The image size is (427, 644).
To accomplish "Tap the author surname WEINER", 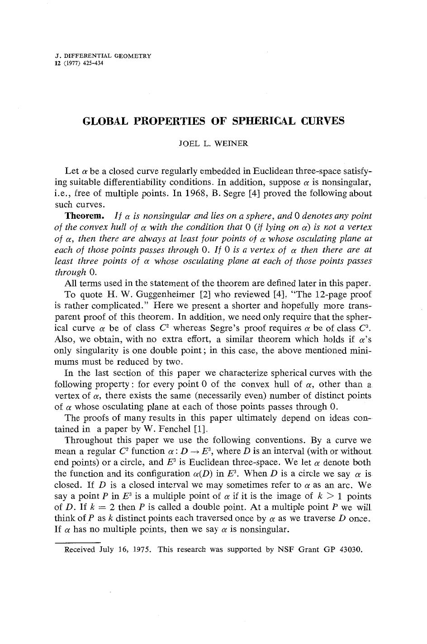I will point(231,144).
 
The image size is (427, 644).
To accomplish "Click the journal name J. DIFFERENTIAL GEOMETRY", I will point(102,56).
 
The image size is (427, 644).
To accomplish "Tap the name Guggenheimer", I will point(167,295).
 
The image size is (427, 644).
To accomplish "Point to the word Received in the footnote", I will point(80,550).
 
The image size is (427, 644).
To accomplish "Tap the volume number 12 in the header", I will point(57,63).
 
